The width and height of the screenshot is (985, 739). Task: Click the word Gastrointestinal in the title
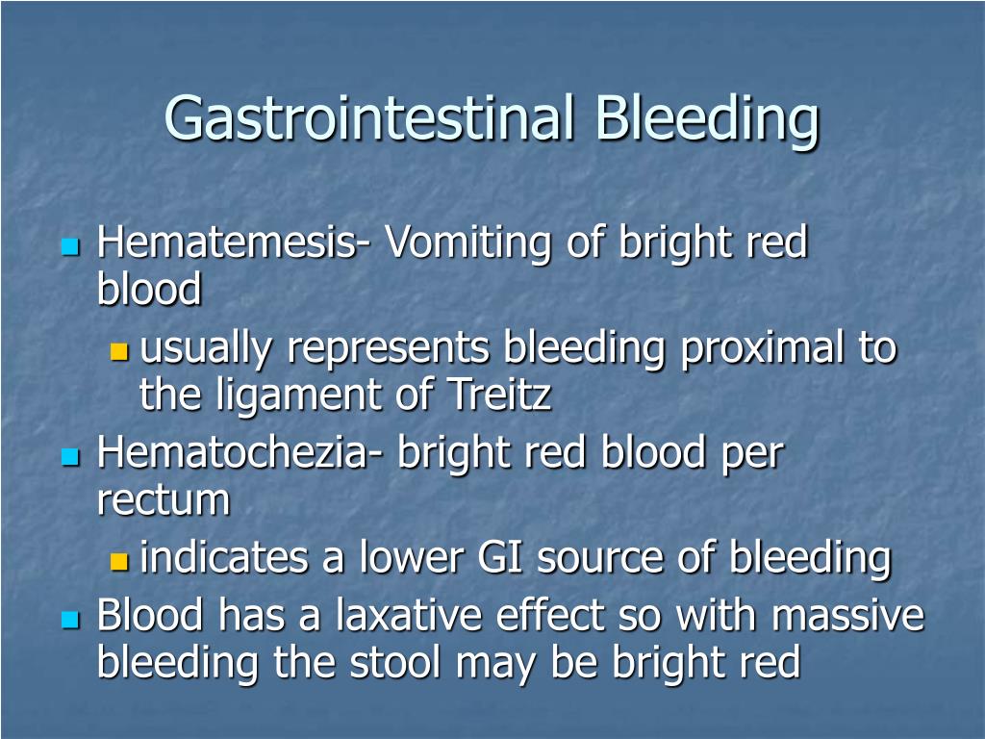pyautogui.click(x=369, y=117)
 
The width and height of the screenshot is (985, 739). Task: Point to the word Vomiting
pyautogui.click(x=468, y=243)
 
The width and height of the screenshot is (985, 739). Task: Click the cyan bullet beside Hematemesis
pyautogui.click(x=71, y=246)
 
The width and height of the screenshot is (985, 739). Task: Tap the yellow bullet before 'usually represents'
pyautogui.click(x=118, y=351)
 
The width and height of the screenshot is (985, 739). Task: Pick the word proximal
pyautogui.click(x=763, y=348)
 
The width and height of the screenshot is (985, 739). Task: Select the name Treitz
pyautogui.click(x=499, y=394)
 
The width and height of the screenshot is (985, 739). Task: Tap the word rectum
pyautogui.click(x=164, y=500)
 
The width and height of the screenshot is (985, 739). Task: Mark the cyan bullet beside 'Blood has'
pyautogui.click(x=71, y=619)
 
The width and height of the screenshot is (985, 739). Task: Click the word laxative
pyautogui.click(x=408, y=614)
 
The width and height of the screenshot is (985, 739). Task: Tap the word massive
pyautogui.click(x=848, y=615)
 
